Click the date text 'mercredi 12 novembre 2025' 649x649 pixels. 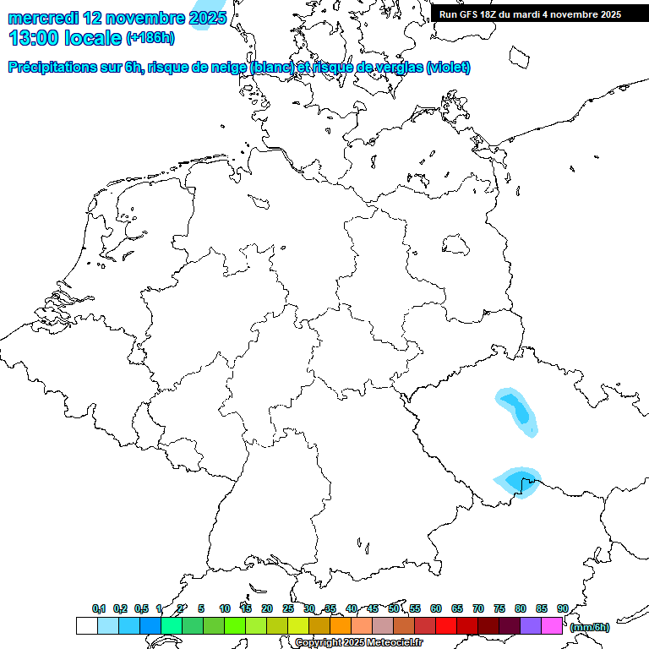117,18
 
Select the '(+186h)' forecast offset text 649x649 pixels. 150,38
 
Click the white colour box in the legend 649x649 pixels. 86,626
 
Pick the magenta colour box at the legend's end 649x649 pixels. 552,626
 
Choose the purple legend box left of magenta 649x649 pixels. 531,626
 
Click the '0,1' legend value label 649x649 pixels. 99,608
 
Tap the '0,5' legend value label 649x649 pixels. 141,608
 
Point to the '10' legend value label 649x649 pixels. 225,608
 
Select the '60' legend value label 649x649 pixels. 436,608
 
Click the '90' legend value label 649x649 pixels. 563,608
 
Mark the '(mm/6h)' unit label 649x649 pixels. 590,627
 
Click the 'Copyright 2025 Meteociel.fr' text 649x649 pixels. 359,643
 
